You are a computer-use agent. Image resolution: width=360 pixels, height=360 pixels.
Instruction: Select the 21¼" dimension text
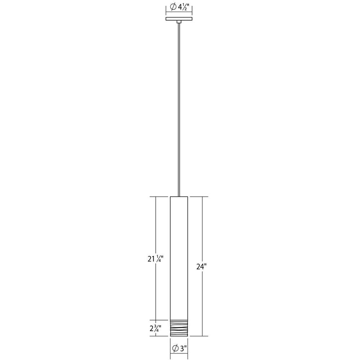tap(155, 259)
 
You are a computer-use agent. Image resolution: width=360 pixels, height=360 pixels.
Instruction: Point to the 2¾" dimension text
tap(156, 328)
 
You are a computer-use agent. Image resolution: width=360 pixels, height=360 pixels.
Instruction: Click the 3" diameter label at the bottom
tap(179, 348)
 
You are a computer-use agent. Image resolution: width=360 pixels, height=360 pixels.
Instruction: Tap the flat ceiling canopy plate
tap(179, 19)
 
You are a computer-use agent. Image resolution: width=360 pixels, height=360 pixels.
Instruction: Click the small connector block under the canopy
tap(179, 22)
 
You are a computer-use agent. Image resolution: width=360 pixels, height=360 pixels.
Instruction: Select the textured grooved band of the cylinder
tap(179, 328)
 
